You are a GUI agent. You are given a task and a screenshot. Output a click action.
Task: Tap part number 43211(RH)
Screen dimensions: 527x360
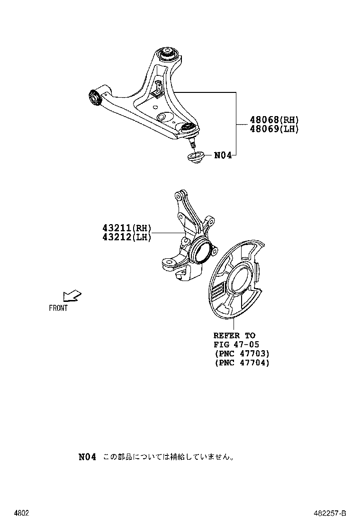126,228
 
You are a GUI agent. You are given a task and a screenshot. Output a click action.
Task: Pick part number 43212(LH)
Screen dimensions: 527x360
126,237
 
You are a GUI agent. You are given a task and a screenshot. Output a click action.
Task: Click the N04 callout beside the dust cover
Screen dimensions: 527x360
223,154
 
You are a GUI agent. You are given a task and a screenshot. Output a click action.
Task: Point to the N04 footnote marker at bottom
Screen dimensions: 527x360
87,457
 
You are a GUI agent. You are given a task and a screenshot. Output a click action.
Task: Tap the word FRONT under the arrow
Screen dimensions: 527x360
58,308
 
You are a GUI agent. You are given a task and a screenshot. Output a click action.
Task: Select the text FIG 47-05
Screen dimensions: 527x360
236,345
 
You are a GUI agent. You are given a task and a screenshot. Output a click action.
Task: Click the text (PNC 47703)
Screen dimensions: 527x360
242,354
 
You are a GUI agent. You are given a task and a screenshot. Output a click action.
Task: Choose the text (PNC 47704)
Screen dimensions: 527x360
242,363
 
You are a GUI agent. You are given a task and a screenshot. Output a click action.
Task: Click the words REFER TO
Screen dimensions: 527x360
234,336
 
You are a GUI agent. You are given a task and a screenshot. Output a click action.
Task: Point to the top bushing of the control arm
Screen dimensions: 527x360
169,53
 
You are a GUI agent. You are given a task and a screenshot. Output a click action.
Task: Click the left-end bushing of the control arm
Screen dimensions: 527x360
94,97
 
